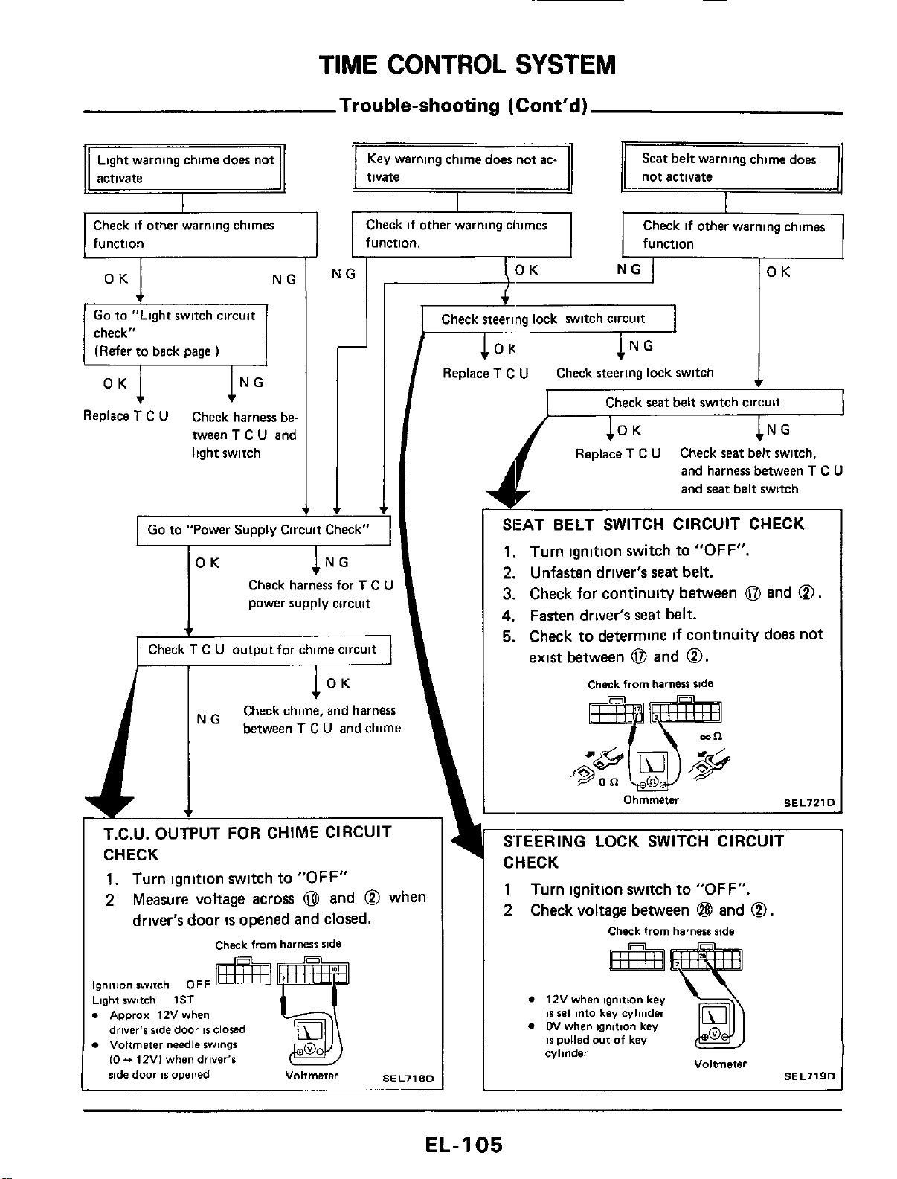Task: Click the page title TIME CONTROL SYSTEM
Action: (x=467, y=65)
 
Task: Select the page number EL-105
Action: (x=464, y=1144)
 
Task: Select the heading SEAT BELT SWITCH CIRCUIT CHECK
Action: (x=653, y=524)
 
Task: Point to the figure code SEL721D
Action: (x=809, y=803)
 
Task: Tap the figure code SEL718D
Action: (x=408, y=1078)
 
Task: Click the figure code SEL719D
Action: (x=809, y=1076)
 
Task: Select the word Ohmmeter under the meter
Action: (x=651, y=800)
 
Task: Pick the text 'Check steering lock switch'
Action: (x=634, y=373)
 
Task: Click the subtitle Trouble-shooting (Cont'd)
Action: (x=463, y=105)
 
